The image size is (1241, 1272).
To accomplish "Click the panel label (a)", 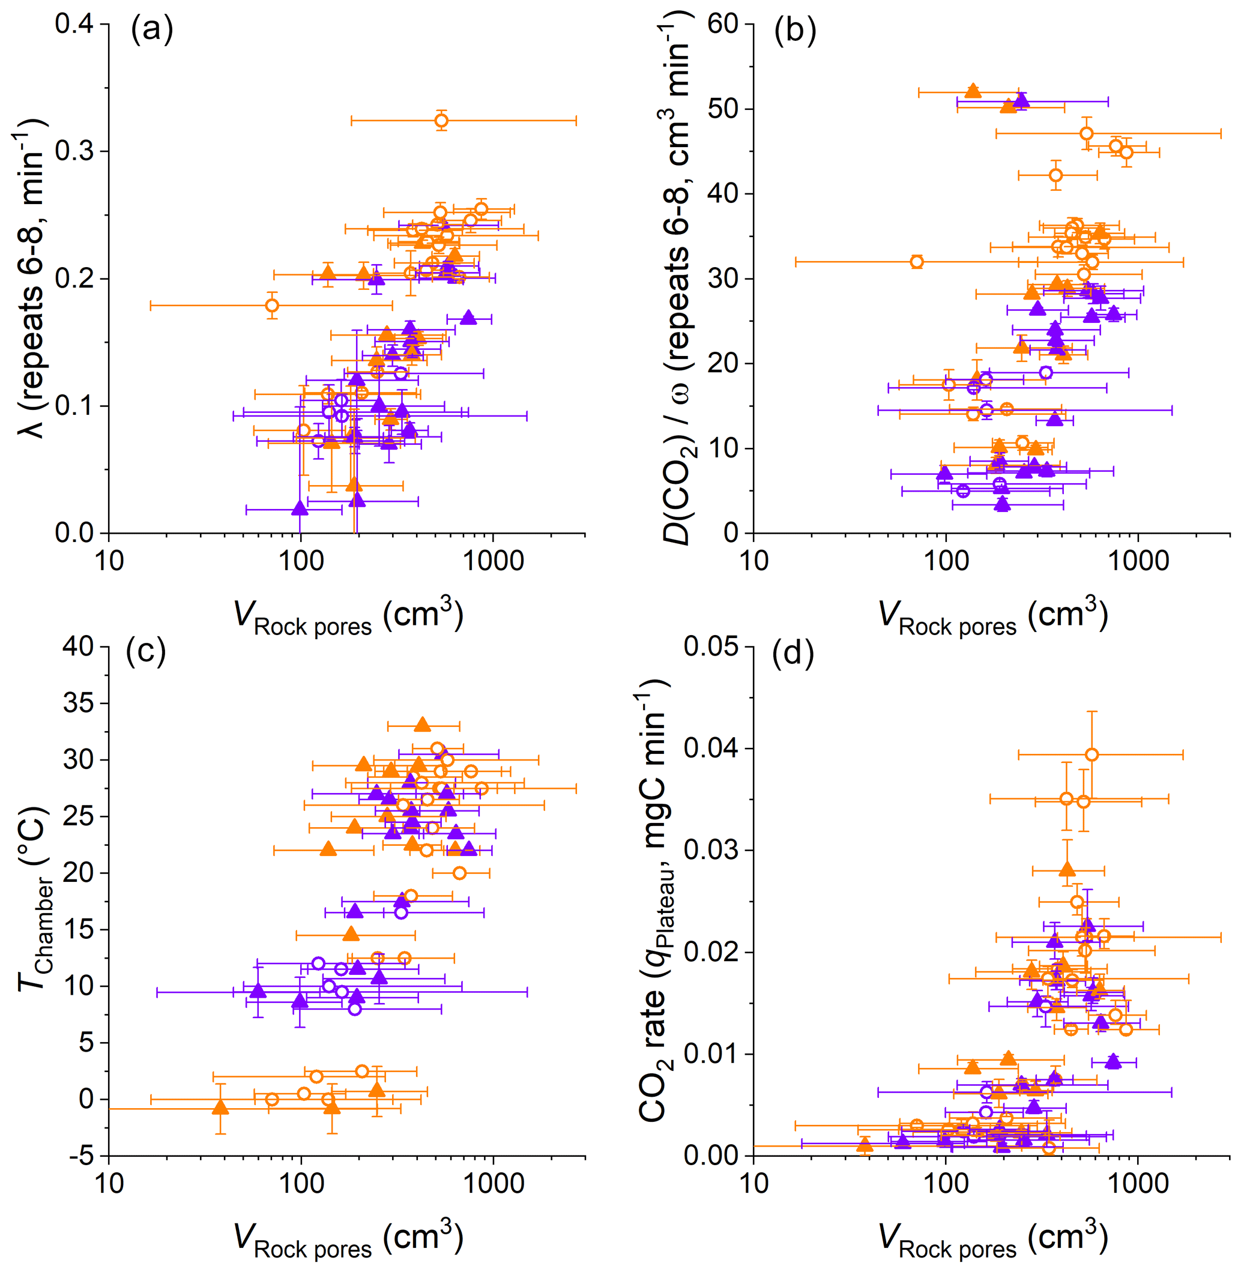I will (x=152, y=30).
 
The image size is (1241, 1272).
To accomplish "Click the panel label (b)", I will (x=794, y=30).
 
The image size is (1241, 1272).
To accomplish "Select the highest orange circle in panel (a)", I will (x=441, y=121).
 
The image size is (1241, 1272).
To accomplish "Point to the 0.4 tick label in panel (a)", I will (x=74, y=24).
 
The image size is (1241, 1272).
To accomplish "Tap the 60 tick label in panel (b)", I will (x=723, y=24).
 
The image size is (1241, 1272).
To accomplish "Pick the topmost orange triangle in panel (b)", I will (x=973, y=91).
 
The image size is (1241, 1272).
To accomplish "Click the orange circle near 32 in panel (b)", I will (x=916, y=262).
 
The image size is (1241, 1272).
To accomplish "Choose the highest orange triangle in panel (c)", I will (x=422, y=725).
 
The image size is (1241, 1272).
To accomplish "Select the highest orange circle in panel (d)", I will (x=1092, y=755).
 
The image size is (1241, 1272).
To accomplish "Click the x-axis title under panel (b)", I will (x=992, y=616).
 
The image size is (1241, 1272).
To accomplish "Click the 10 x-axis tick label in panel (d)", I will (x=754, y=1183).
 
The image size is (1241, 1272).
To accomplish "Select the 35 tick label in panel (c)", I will (x=79, y=703).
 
